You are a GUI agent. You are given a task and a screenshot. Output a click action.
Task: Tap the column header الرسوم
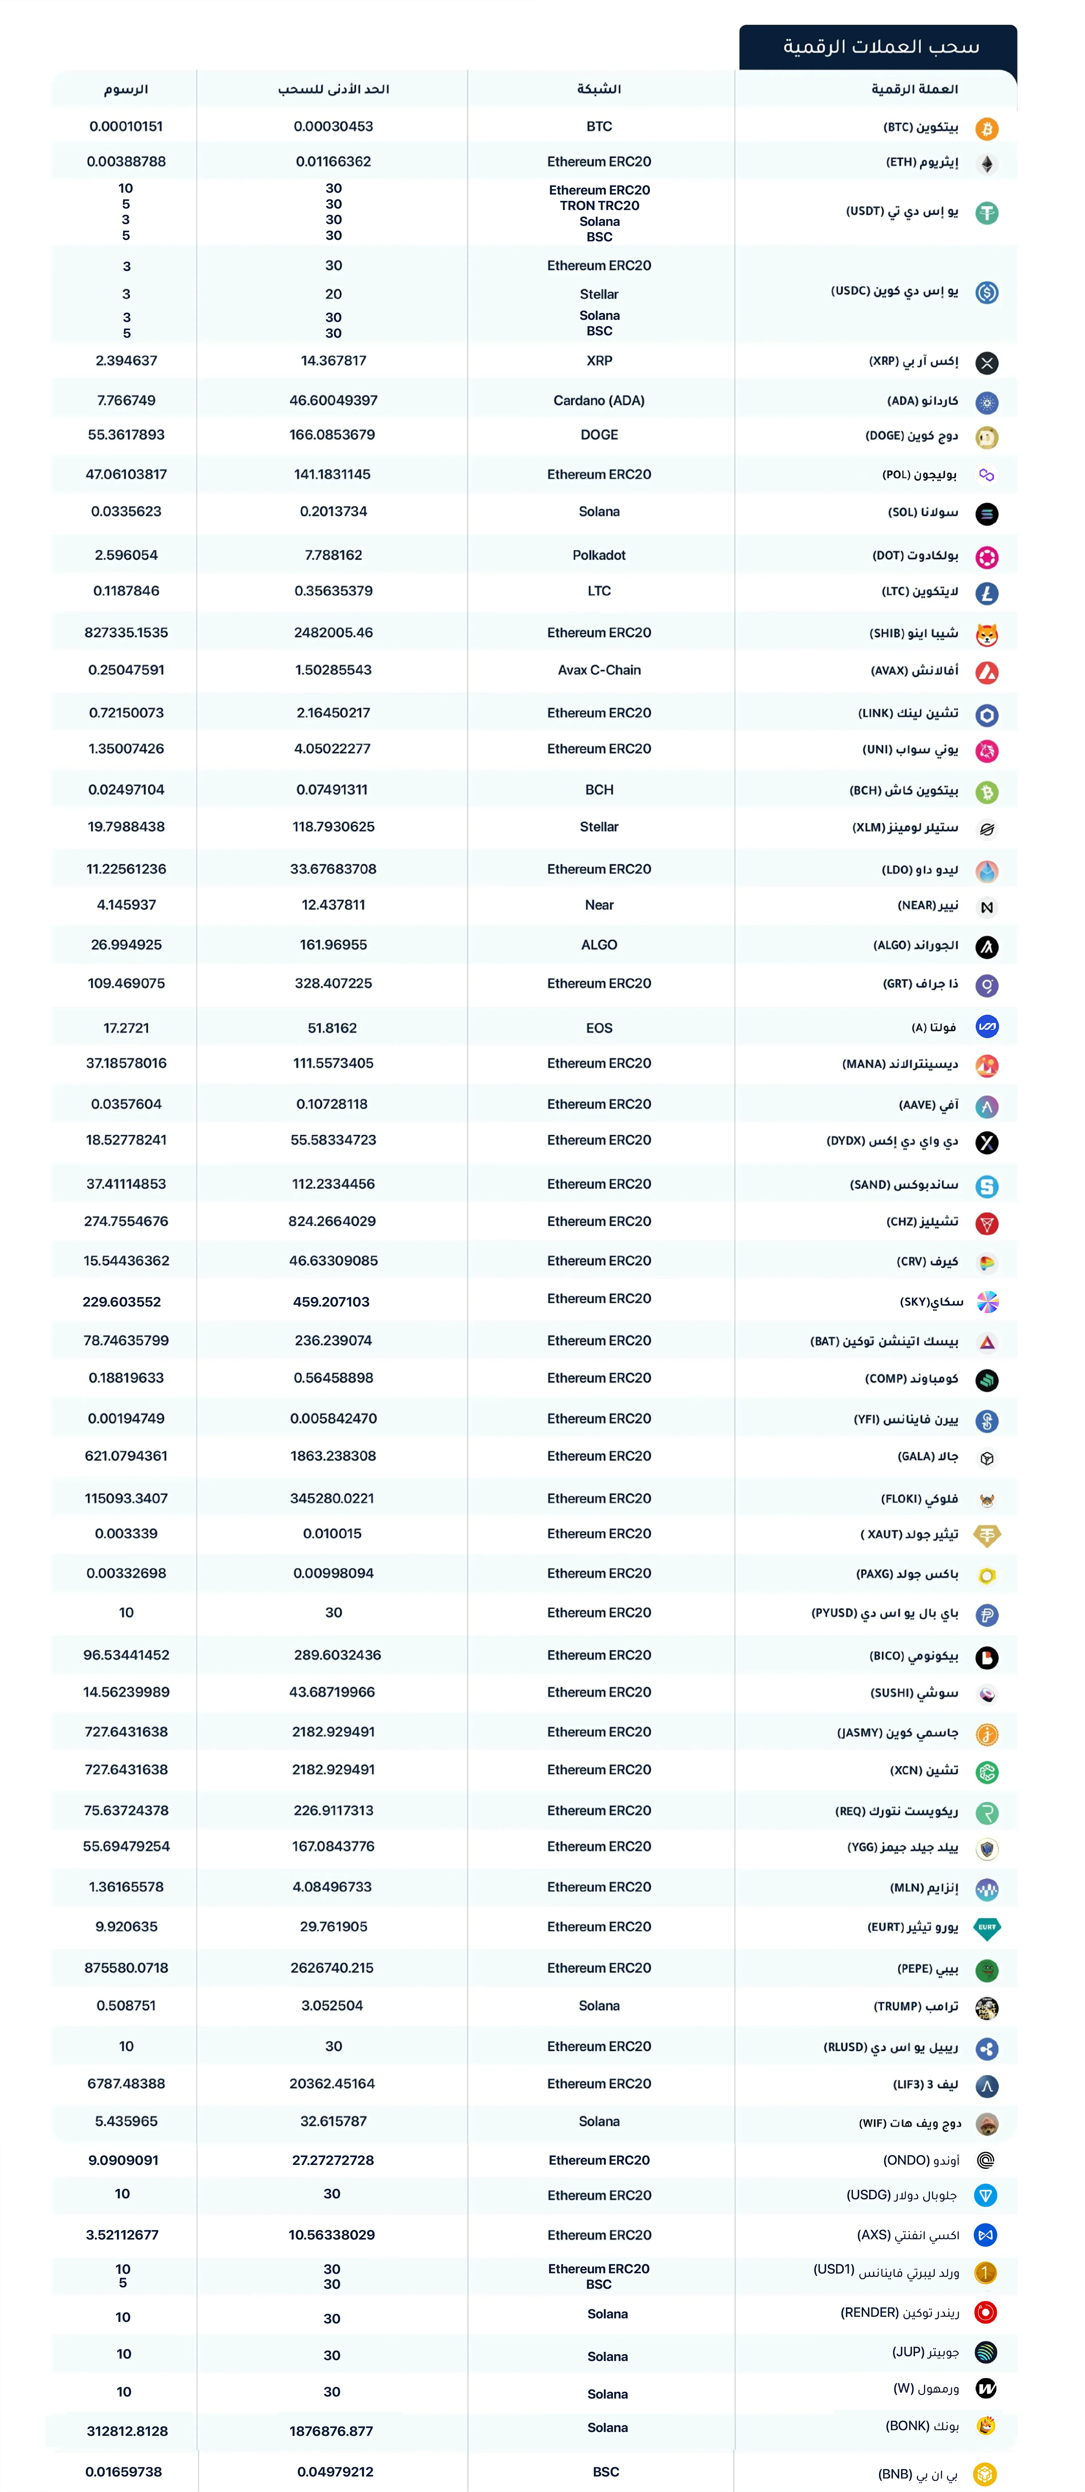[x=126, y=89]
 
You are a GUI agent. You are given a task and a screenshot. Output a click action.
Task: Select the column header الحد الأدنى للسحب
[x=334, y=89]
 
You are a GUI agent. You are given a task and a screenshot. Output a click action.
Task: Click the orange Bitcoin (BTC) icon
[x=986, y=129]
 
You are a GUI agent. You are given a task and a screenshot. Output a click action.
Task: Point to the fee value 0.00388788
[x=126, y=161]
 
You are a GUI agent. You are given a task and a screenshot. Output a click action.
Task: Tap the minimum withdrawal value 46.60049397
[x=334, y=400]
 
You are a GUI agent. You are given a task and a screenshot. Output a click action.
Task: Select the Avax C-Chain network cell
[x=600, y=670]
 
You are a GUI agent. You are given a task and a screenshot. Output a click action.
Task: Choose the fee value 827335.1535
[x=126, y=633]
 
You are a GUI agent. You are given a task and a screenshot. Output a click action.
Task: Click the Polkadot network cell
[x=600, y=555]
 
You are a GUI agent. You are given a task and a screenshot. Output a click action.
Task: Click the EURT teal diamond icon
[x=986, y=1928]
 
